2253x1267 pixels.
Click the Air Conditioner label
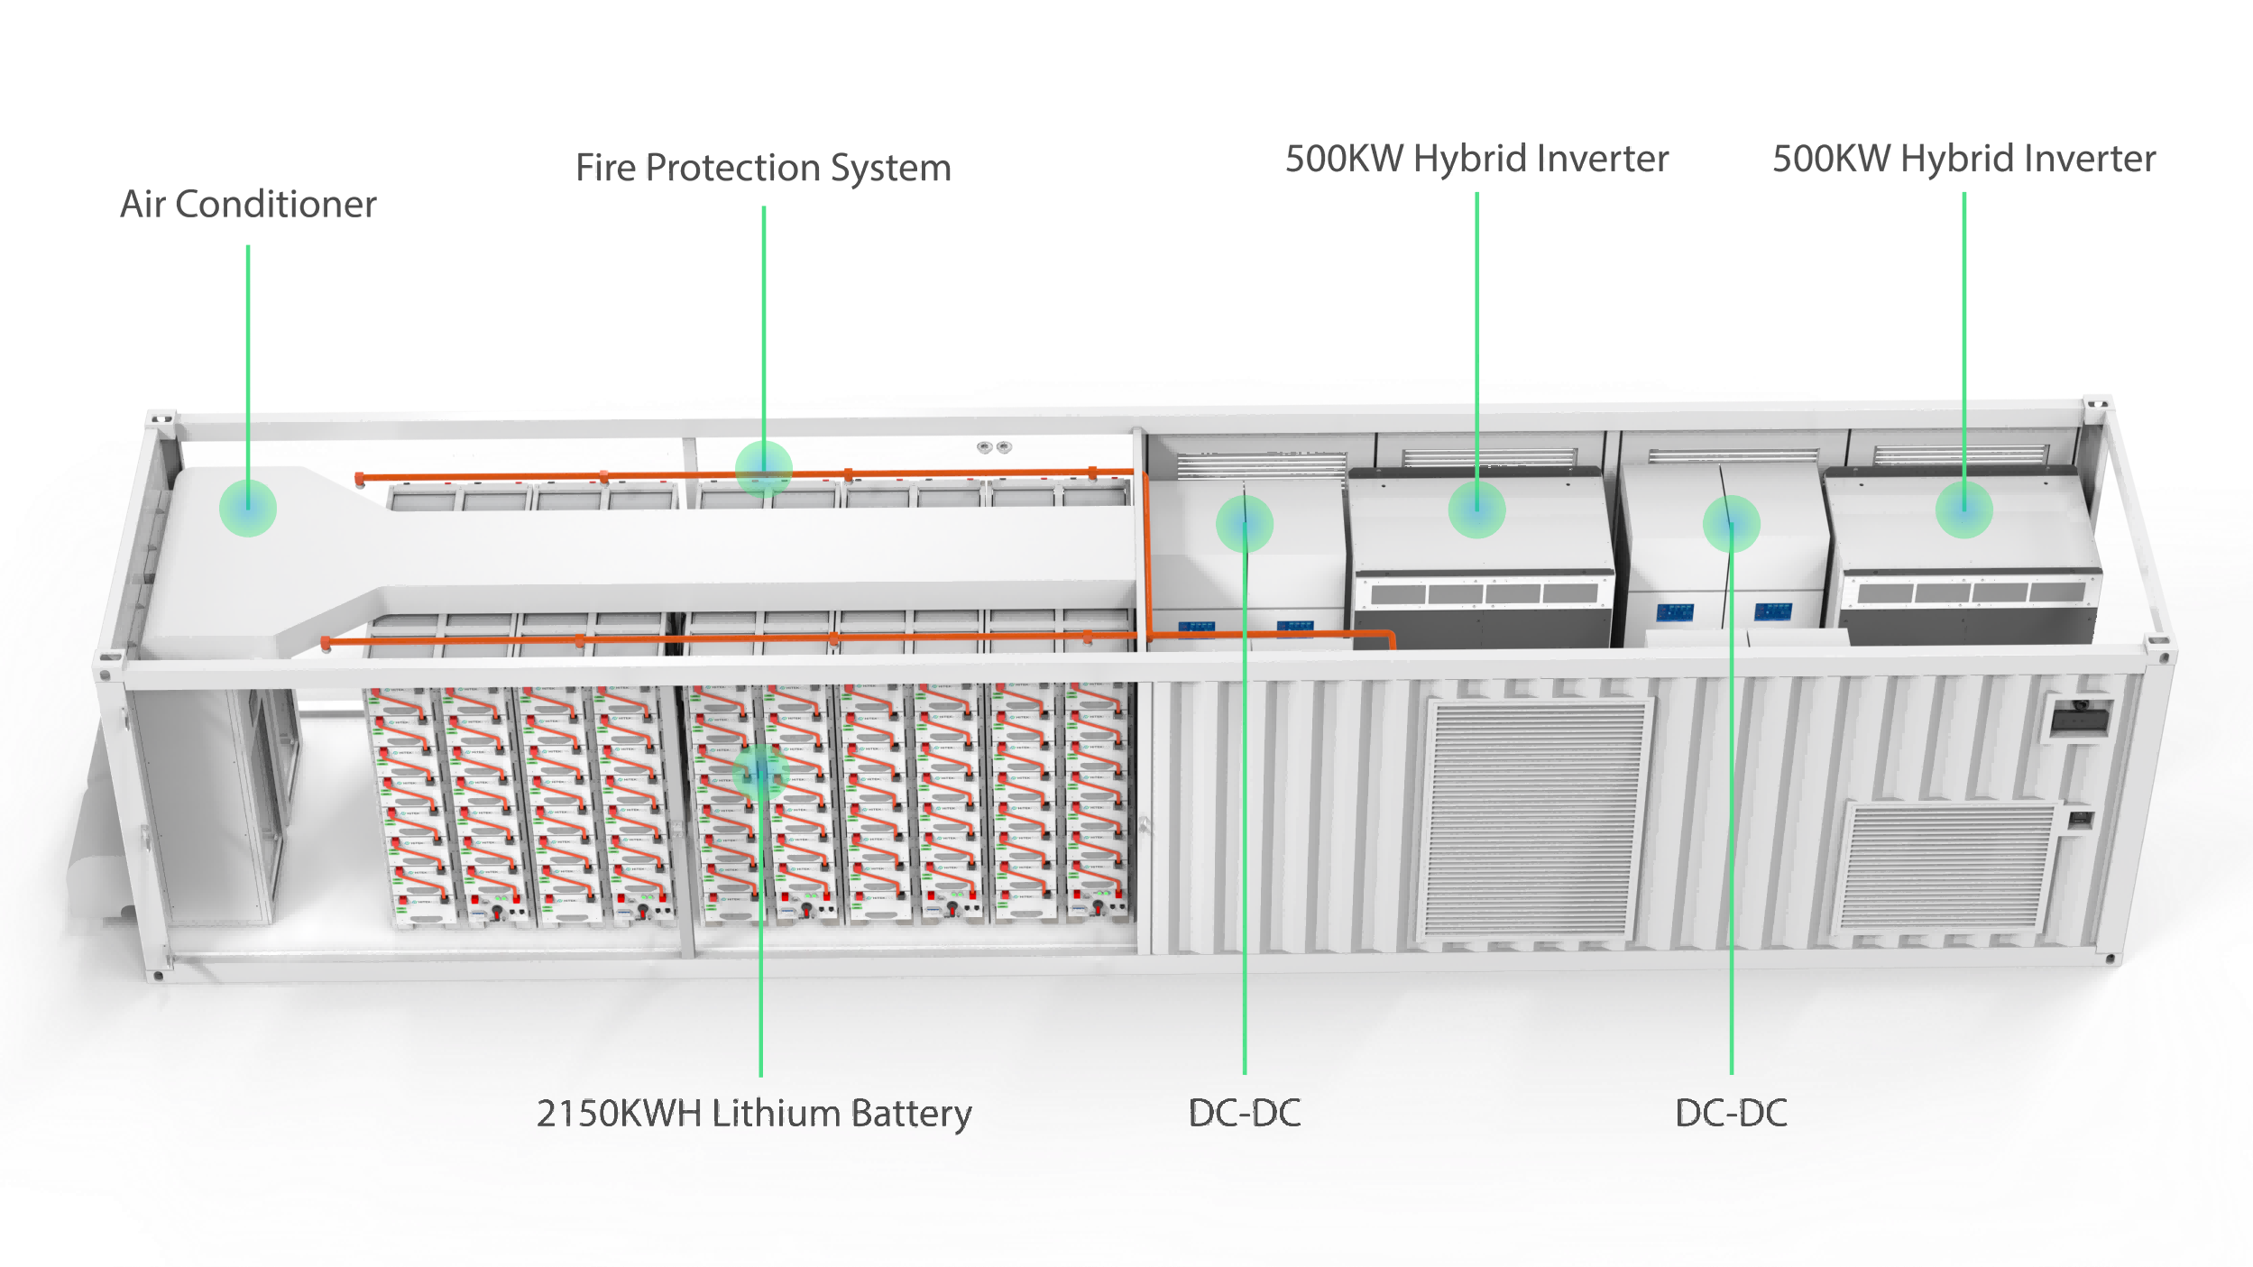tap(248, 205)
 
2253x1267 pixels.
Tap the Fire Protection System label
tap(763, 168)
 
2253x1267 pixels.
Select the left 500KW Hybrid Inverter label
tap(1476, 159)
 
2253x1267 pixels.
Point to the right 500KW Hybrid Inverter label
tap(1964, 159)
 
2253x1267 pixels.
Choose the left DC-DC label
tap(1245, 1114)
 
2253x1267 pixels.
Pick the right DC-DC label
tap(1731, 1114)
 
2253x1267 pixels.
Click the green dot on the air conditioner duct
tap(248, 508)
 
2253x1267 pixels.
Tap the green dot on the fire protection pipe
tap(763, 468)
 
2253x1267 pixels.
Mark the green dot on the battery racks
tap(760, 773)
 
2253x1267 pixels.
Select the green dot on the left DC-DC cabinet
tap(1245, 523)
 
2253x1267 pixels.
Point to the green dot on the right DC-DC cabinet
tap(1731, 523)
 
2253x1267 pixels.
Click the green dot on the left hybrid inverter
tap(1476, 510)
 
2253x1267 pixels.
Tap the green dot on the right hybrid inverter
tap(1964, 510)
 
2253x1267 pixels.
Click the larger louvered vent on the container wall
tap(1533, 821)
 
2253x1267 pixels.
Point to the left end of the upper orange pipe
tap(360, 478)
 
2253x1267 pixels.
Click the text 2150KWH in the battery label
tap(619, 1114)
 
